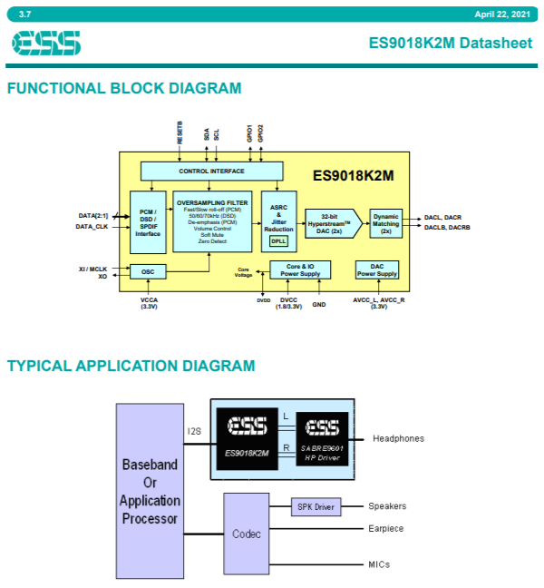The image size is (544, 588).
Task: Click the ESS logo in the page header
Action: coord(46,43)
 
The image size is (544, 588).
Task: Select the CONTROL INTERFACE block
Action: coord(211,171)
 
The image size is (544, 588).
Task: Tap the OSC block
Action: coord(148,271)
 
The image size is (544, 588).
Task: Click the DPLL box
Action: coord(278,241)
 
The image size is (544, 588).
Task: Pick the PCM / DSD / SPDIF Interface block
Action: coord(148,222)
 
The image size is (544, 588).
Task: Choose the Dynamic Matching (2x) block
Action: coord(385,222)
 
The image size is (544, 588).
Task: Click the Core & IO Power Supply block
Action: coord(300,269)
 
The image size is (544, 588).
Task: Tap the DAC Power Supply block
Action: coord(376,269)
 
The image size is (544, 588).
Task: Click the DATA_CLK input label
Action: coord(92,227)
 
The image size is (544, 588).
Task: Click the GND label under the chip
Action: coord(319,305)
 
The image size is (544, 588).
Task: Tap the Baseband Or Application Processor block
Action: coord(151,491)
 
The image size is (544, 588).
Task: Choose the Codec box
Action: coord(246,534)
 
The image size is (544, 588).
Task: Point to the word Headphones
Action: coord(398,439)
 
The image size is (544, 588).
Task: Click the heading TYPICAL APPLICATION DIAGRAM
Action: coord(131,366)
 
